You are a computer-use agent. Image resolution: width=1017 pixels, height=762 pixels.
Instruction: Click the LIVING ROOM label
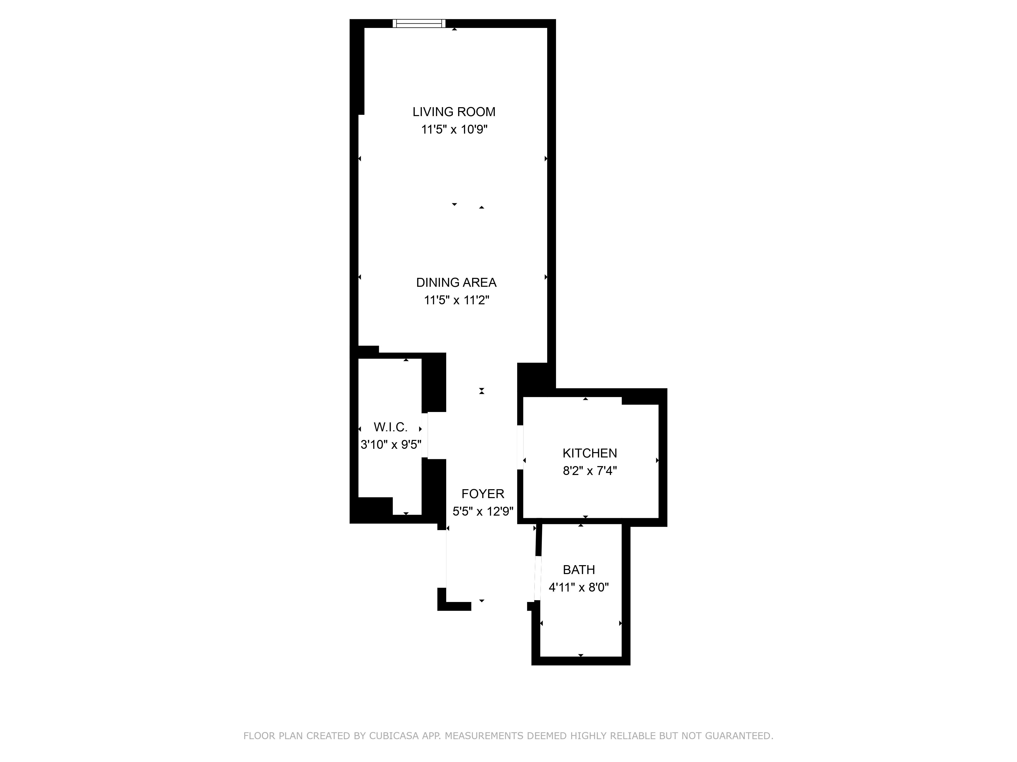click(454, 112)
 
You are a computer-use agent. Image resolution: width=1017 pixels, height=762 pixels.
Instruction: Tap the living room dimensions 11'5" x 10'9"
click(454, 130)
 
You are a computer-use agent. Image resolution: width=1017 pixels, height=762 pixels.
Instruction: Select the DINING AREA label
click(456, 282)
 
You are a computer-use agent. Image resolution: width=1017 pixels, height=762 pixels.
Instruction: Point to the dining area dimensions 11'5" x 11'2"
click(456, 300)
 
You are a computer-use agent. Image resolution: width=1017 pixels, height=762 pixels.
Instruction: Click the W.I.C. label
click(390, 427)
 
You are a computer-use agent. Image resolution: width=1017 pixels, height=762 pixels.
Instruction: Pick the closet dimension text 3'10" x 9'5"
click(390, 444)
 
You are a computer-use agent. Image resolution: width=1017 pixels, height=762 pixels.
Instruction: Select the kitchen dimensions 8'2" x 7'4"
click(589, 471)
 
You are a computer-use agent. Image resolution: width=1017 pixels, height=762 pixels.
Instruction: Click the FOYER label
click(483, 494)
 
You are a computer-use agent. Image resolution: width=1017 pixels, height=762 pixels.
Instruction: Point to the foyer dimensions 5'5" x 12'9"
click(483, 511)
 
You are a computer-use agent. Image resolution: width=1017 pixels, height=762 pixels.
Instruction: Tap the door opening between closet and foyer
click(425, 435)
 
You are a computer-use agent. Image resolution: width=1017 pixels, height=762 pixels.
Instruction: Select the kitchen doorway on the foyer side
click(520, 447)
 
